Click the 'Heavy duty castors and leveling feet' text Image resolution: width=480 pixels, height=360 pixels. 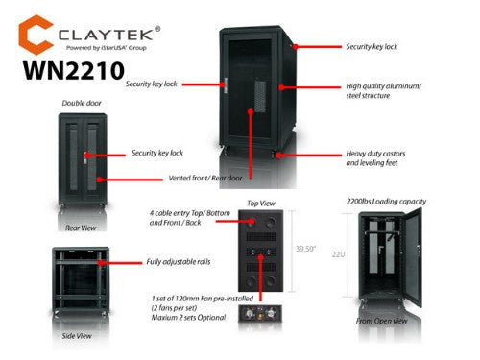[x=381, y=158]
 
